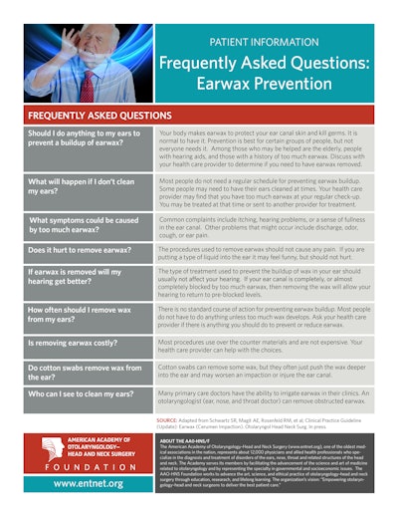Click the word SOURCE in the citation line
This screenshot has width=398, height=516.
[x=168, y=421]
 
